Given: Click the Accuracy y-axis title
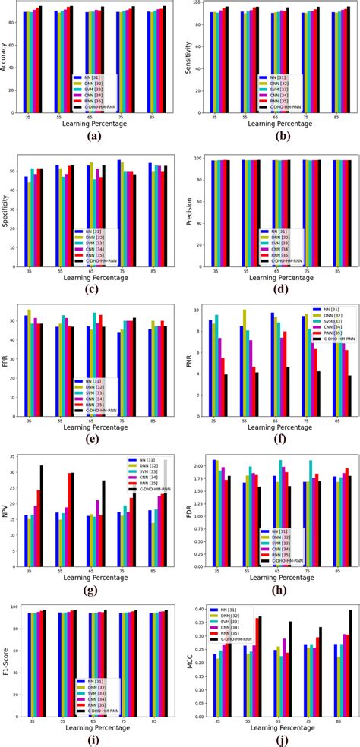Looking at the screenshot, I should pyautogui.click(x=6, y=55).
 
